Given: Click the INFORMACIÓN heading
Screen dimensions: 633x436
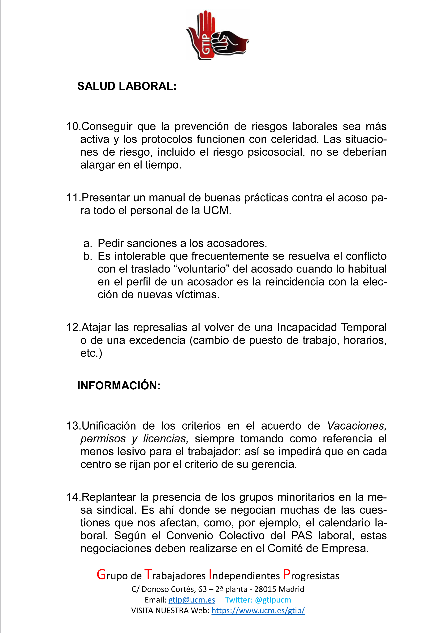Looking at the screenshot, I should click(119, 386).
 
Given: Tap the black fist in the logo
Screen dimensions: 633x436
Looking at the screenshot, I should click(230, 42).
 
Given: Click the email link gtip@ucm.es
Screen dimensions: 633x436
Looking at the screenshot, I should click(192, 600).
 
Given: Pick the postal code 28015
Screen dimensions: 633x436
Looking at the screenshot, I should click(265, 589).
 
